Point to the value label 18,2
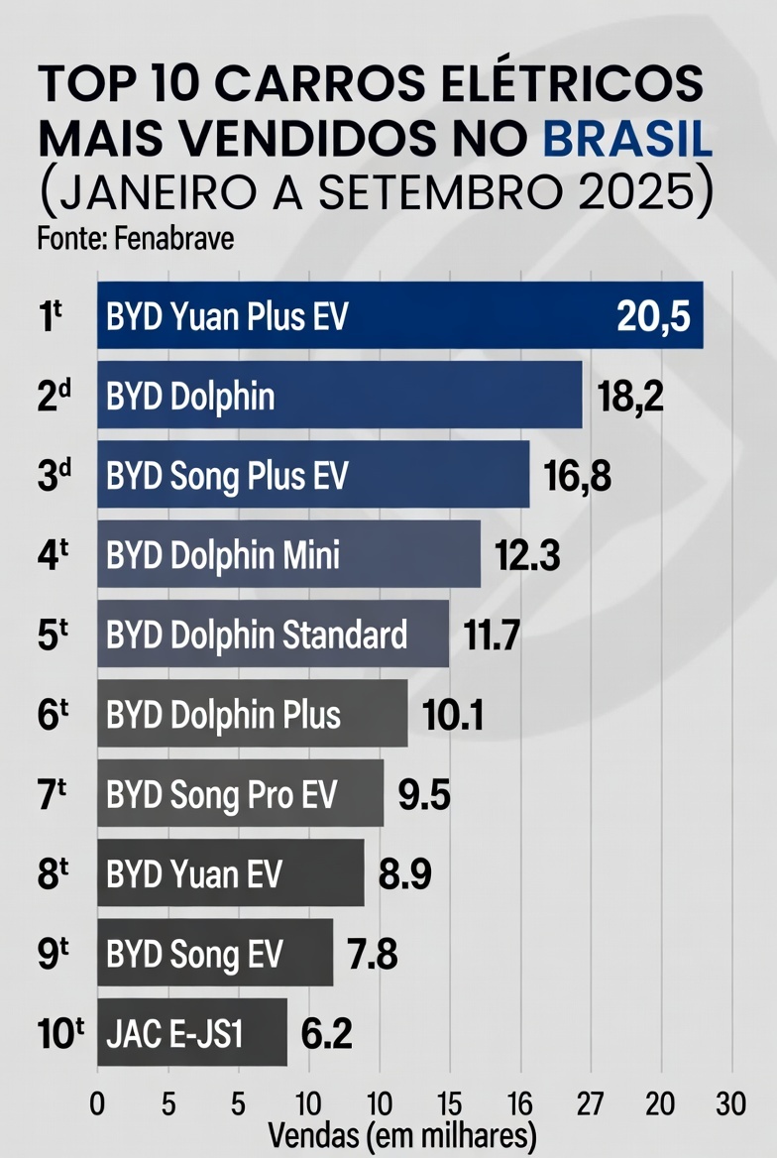(629, 397)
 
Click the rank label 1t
(51, 317)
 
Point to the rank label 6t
(52, 715)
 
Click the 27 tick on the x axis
(591, 1103)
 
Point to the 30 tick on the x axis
(731, 1103)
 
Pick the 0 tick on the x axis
(97, 1103)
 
